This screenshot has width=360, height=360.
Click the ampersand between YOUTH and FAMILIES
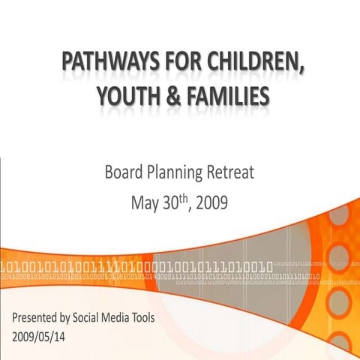pyautogui.click(x=175, y=97)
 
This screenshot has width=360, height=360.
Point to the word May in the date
pyautogui.click(x=144, y=202)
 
